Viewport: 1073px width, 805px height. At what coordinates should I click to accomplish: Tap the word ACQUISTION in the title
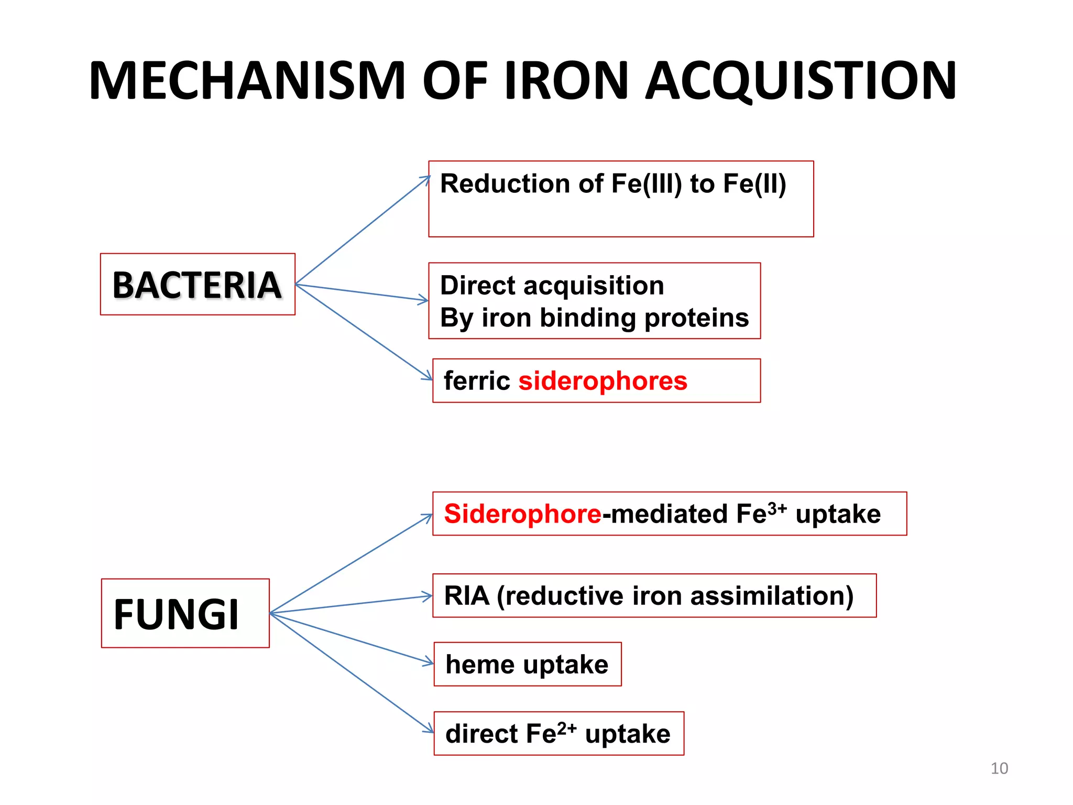coord(801,81)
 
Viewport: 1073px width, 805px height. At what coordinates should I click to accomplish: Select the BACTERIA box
coord(198,285)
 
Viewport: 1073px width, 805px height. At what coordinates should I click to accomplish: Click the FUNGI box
coord(185,613)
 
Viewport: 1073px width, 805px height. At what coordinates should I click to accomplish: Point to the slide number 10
coord(999,768)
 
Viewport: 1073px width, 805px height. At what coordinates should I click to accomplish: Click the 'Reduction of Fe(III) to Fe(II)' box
coord(621,199)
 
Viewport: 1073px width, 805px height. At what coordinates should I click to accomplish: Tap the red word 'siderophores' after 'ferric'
coord(603,381)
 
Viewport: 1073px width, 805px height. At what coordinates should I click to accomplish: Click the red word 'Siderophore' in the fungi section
coord(522,514)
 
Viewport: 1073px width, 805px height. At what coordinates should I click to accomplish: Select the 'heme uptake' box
coord(528,664)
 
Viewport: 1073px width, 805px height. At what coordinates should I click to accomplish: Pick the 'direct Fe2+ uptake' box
coord(559,733)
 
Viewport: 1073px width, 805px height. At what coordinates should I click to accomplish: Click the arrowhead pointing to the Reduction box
coord(427,179)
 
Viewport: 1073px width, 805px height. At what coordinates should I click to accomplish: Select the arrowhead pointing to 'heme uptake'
coord(430,663)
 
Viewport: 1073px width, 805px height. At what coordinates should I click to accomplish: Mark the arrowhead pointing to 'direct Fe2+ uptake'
coord(430,731)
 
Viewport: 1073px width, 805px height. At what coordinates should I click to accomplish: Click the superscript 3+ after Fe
coord(777,508)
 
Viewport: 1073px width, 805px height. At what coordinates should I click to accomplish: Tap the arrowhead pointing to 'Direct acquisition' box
coord(425,300)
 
